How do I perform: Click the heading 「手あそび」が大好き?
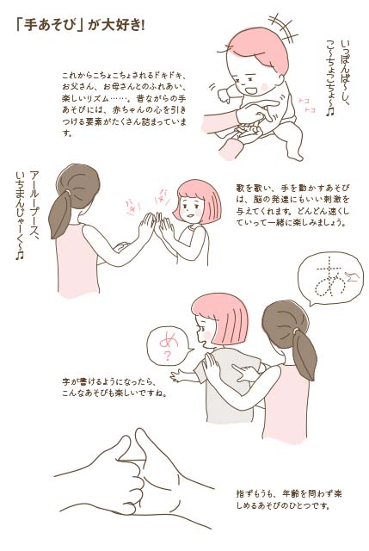(80, 26)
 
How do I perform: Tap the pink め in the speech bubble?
(169, 340)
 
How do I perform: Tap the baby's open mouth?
(250, 90)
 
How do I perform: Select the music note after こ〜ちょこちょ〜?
(329, 112)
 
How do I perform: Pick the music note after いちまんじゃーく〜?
(19, 255)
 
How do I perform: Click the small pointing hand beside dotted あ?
(352, 276)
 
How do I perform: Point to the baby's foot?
(294, 155)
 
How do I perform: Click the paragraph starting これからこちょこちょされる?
(124, 104)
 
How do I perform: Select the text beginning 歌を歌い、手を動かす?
(292, 205)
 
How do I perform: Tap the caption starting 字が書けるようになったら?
(114, 387)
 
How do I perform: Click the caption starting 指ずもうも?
(289, 499)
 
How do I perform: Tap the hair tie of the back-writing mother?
(296, 330)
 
